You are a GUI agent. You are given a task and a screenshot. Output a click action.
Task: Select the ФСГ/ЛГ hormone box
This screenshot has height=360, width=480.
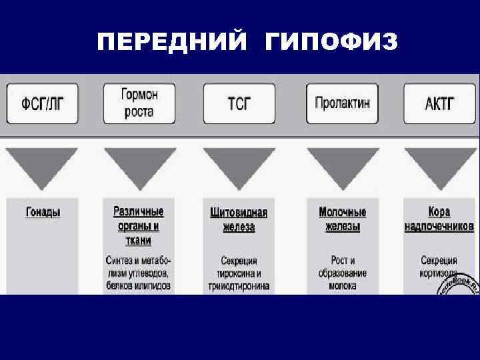[x=41, y=104]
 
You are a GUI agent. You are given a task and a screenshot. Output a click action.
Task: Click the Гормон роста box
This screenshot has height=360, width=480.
[x=139, y=103]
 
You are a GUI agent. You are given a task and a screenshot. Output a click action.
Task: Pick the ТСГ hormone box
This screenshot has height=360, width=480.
[x=239, y=104]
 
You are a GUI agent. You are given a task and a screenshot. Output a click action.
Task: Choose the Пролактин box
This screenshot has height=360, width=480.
[x=342, y=103]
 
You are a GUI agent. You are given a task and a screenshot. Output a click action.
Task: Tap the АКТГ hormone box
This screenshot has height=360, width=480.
[x=439, y=104]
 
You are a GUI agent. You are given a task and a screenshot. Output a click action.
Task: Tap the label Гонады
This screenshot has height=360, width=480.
[x=43, y=213]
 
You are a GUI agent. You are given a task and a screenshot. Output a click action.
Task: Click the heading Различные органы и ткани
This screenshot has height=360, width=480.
[x=139, y=225]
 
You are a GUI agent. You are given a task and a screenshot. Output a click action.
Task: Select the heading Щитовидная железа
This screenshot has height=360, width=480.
[x=239, y=219]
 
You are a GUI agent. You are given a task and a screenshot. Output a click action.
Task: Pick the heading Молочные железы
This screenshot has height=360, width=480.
[x=343, y=219]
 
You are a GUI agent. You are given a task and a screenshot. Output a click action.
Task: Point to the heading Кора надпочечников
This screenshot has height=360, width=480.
[x=439, y=219]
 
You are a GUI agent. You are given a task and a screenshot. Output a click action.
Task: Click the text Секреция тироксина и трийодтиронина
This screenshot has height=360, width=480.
[x=239, y=273]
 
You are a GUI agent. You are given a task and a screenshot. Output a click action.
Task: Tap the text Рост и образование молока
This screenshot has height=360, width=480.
[x=343, y=273]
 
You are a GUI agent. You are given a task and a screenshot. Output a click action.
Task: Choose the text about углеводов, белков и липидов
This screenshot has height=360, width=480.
[x=139, y=273]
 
